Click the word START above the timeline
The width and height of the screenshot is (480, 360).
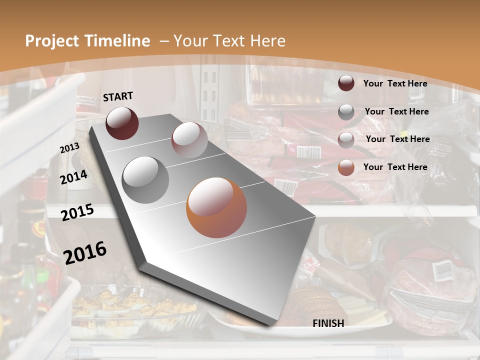click(118, 96)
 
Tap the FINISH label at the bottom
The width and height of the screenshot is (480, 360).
click(328, 323)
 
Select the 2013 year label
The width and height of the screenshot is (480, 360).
click(69, 148)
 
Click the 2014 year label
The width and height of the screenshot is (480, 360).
click(73, 177)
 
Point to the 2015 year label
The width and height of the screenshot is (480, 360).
click(77, 212)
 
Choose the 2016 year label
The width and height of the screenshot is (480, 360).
click(85, 252)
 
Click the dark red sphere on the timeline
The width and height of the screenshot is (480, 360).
click(122, 123)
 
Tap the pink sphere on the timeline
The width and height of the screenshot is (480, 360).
click(189, 140)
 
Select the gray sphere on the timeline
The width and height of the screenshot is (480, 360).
click(145, 179)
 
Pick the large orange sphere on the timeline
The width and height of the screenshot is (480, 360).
click(216, 207)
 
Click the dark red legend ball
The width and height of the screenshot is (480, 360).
click(346, 83)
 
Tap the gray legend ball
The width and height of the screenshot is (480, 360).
click(346, 112)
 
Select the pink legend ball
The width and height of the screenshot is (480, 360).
click(346, 140)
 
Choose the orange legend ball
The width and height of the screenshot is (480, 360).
click(346, 167)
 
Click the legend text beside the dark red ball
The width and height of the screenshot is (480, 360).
click(395, 83)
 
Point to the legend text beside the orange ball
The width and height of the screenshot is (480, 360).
click(395, 167)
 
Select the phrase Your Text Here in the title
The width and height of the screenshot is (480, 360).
click(229, 41)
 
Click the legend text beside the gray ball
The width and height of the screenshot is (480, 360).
click(396, 111)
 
